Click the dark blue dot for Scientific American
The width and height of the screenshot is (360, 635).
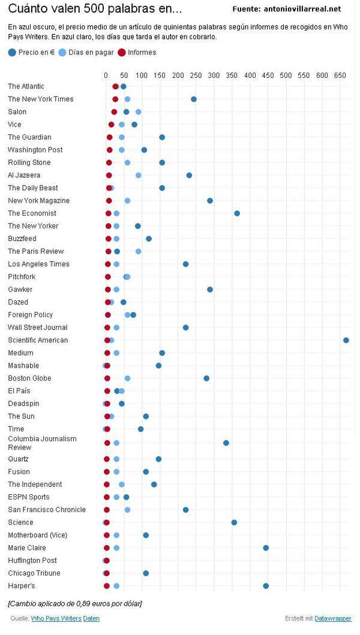point(346,340)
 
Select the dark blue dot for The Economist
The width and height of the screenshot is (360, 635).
point(237,213)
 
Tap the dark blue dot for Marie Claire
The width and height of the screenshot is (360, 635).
point(266,547)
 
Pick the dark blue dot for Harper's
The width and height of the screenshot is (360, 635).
point(266,586)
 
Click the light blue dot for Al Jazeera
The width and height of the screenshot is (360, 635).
point(139,175)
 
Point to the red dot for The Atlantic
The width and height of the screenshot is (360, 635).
point(115,86)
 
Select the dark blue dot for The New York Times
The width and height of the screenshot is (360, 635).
point(193,99)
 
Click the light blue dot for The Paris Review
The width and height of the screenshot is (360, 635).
point(139,251)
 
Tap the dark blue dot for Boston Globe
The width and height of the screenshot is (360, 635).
point(206,378)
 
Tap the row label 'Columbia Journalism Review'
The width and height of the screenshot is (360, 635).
point(42,443)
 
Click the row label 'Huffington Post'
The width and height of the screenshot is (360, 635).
point(32,560)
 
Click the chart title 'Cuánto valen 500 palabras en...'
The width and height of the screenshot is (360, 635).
point(95,9)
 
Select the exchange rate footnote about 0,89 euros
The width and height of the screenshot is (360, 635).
point(75,602)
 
